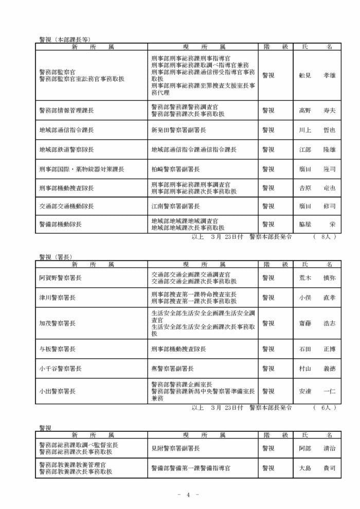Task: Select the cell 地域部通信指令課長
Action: (x=66, y=130)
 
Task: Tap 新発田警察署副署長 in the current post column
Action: (x=176, y=130)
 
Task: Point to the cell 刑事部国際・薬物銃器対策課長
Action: (x=82, y=169)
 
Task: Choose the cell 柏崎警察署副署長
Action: (x=176, y=169)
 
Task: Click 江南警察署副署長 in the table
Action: (x=176, y=206)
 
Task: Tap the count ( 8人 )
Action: (x=324, y=237)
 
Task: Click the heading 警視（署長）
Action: (x=55, y=256)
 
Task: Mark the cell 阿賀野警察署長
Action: (x=60, y=278)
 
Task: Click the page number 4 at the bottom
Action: (x=188, y=495)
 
